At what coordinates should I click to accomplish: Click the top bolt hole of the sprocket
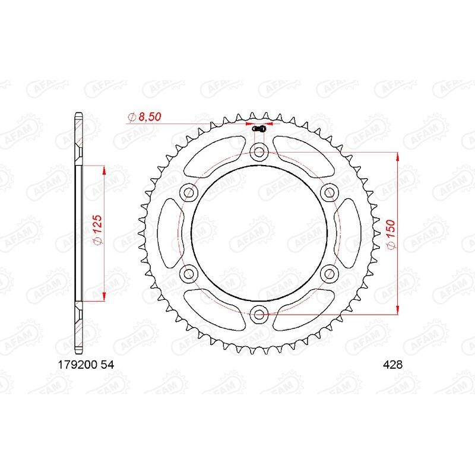pyautogui.click(x=259, y=152)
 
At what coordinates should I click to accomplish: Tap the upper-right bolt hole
pyautogui.click(x=328, y=192)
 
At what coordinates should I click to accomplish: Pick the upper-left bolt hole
pyautogui.click(x=189, y=192)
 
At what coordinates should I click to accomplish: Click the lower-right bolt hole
pyautogui.click(x=328, y=273)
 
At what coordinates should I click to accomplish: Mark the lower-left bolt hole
pyautogui.click(x=189, y=273)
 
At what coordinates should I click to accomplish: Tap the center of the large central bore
pyautogui.click(x=259, y=232)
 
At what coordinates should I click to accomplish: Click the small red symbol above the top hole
pyautogui.click(x=258, y=129)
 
